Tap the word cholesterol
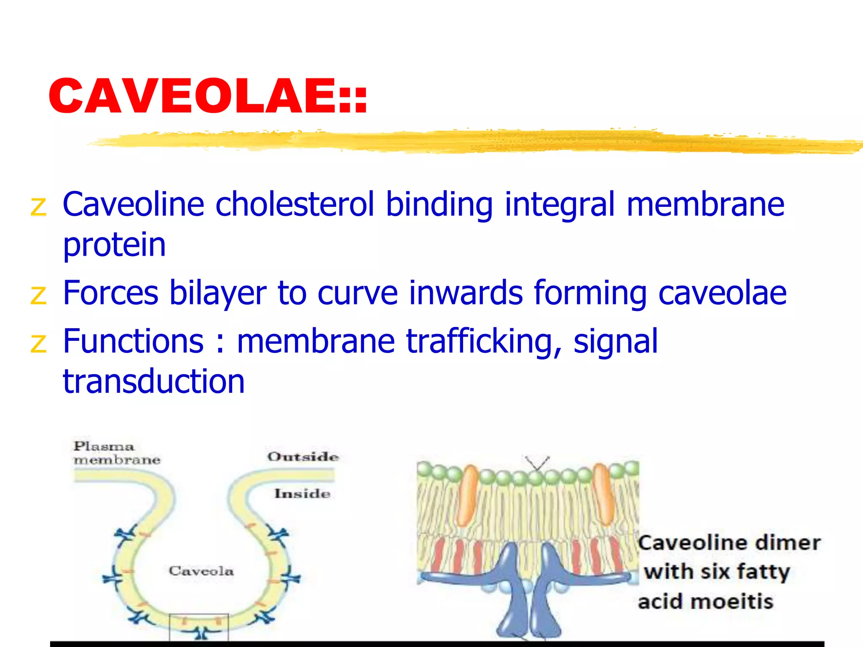click(x=295, y=204)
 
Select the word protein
click(x=114, y=245)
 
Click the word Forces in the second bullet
click(x=110, y=293)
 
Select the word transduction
click(x=154, y=382)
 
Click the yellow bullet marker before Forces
click(x=38, y=295)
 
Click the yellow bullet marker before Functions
click(x=38, y=343)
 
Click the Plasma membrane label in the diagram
click(x=115, y=453)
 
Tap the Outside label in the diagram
click(x=303, y=457)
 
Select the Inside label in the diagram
click(x=302, y=493)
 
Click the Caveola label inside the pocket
click(x=201, y=571)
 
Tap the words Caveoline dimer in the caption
click(x=729, y=543)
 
